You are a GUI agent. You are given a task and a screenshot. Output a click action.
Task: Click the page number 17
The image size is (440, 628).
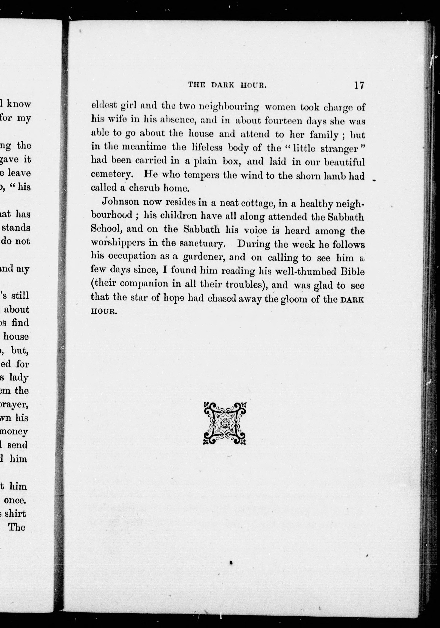coord(359,86)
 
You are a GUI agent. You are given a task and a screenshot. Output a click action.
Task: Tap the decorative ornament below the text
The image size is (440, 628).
coord(224,423)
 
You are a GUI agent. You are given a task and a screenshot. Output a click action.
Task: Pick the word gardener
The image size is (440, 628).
coord(204,257)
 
